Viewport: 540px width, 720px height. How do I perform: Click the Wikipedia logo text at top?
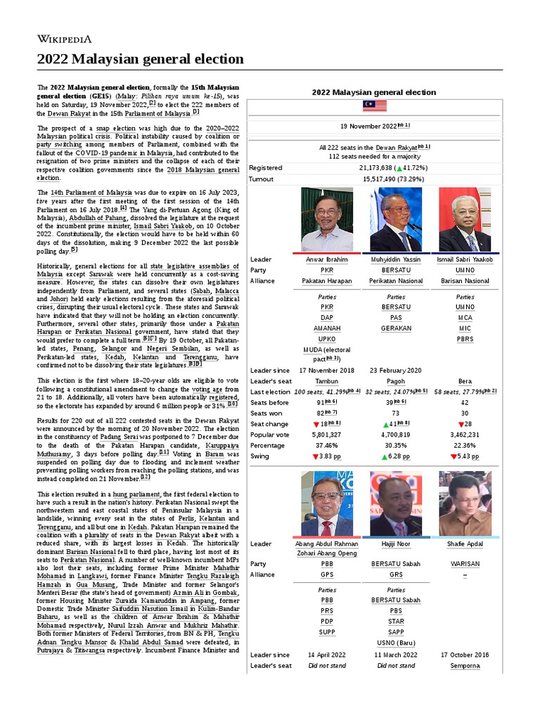[64, 39]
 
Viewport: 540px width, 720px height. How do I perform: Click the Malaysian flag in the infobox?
[373, 106]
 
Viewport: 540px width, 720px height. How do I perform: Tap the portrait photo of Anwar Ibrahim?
[327, 219]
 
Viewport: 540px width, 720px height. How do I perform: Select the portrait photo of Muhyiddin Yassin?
[396, 219]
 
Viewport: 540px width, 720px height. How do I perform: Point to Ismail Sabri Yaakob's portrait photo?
[465, 219]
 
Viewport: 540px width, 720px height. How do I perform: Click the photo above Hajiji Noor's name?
[396, 503]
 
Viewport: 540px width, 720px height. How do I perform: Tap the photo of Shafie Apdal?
[465, 503]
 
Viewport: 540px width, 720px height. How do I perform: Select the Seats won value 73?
[396, 413]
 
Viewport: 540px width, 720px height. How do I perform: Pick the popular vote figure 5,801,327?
[327, 435]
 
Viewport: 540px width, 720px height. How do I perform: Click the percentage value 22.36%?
[465, 445]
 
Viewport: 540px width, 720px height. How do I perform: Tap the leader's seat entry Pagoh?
[396, 380]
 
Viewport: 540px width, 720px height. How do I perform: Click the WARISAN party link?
[465, 563]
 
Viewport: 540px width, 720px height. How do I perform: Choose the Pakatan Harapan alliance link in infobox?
[327, 281]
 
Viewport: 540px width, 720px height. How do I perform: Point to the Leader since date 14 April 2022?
[327, 655]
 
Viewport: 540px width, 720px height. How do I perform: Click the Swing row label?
[260, 456]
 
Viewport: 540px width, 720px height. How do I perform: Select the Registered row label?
[266, 168]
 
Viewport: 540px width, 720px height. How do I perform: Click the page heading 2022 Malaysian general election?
[141, 59]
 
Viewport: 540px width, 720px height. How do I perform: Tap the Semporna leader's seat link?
[465, 665]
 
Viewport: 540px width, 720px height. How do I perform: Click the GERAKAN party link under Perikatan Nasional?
[396, 328]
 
